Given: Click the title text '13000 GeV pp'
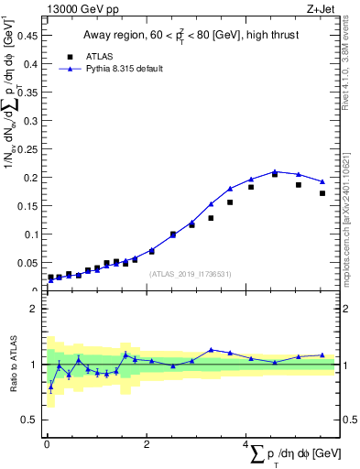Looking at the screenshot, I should pos(83,10).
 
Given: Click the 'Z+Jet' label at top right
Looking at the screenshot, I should pos(320,10).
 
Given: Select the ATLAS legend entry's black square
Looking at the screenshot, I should pos(70,56).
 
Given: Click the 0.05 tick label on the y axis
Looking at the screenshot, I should pos(28,263).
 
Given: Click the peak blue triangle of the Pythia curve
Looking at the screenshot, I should pos(274,171).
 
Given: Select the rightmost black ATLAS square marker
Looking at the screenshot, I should pos(322,193).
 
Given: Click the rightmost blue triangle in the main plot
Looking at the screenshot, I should pos(322,181).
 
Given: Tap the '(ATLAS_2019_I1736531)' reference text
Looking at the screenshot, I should pos(191,274).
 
